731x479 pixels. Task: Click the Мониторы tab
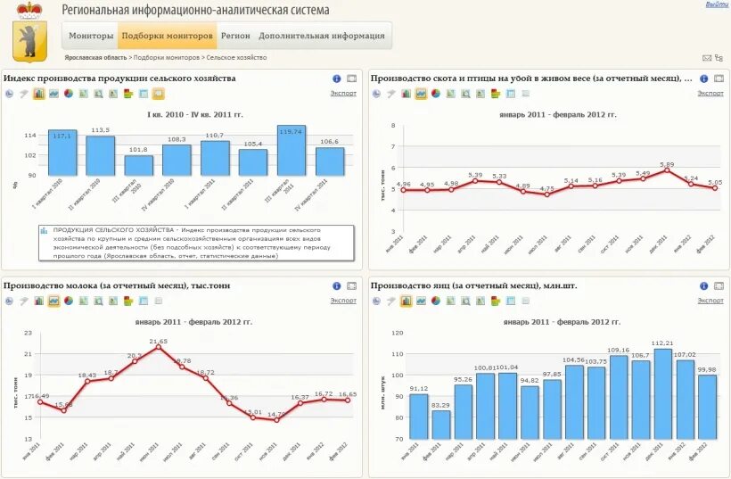click(x=91, y=37)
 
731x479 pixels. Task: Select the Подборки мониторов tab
click(x=168, y=37)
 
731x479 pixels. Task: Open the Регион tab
click(x=235, y=37)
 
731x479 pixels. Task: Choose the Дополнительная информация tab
click(x=322, y=37)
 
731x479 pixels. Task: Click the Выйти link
click(x=717, y=4)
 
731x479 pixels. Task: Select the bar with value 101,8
click(x=138, y=165)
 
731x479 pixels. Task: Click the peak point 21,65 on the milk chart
click(x=159, y=347)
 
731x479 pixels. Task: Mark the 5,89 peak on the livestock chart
click(x=667, y=170)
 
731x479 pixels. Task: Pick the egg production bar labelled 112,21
click(x=663, y=393)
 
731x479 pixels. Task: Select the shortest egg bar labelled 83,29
click(x=441, y=425)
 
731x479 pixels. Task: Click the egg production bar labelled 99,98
click(x=707, y=407)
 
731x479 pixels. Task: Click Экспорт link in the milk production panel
click(x=343, y=301)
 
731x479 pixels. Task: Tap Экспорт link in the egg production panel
click(x=710, y=301)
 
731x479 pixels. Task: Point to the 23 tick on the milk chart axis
click(x=28, y=333)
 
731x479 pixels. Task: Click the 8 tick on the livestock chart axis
click(x=393, y=125)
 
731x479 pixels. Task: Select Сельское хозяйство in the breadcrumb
click(x=236, y=57)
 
